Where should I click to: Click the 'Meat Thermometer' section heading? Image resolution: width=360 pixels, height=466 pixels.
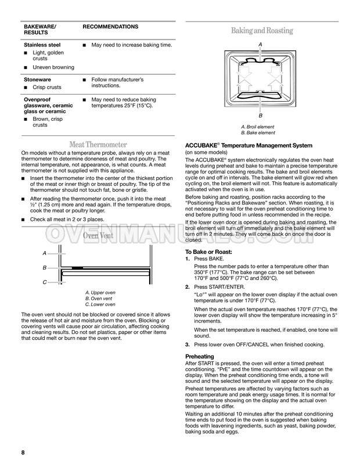pos(98,145)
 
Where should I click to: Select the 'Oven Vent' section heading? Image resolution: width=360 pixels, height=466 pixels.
pos(98,236)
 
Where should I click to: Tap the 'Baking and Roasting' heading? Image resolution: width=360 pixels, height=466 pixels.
pos(262,31)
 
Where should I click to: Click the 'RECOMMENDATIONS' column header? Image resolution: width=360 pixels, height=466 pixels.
pos(110,27)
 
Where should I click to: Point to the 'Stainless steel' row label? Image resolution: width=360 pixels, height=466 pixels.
pos(42,45)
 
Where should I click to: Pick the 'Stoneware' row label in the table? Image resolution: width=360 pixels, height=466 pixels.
pos(37,80)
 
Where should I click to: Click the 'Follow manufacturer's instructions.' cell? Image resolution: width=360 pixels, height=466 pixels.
pos(118,83)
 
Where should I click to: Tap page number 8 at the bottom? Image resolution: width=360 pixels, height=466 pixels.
pos(23,453)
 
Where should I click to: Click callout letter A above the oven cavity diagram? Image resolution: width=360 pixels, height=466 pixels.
pos(260,45)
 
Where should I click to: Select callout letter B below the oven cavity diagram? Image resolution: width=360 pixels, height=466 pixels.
pos(261,116)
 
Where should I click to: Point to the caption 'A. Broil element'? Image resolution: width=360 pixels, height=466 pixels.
pos(258,127)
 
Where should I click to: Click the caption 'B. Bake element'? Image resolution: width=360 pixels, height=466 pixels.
pos(258,133)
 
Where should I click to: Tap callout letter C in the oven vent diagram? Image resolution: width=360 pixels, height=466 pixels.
pos(45,282)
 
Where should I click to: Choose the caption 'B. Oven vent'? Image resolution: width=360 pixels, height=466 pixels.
pos(99,299)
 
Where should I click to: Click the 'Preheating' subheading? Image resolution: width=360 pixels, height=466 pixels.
pos(200,356)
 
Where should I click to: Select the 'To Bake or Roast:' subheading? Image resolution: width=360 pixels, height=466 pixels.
pos(208,252)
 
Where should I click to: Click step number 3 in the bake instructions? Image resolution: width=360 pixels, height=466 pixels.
pos(187,345)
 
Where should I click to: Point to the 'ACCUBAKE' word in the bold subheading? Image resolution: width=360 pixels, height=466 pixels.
pos(201,146)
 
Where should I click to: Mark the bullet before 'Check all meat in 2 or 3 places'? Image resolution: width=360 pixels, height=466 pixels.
pos(23,220)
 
